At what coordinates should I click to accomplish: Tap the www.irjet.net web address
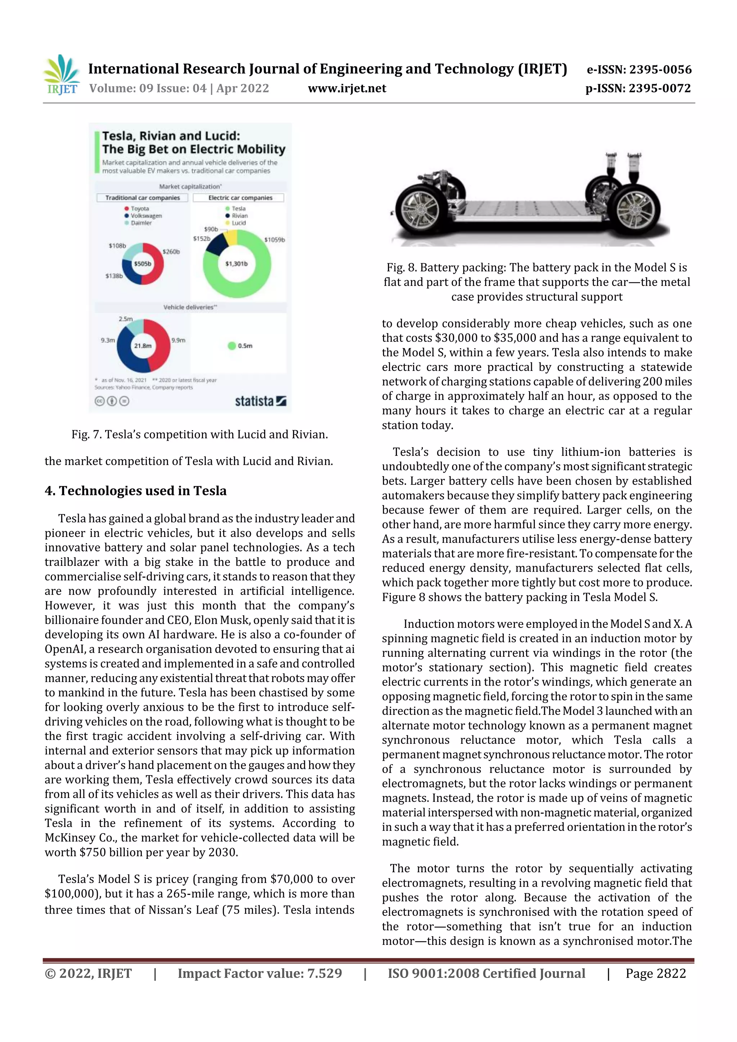point(347,88)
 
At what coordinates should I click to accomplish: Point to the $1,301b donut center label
point(236,264)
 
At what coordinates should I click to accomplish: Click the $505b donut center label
point(143,264)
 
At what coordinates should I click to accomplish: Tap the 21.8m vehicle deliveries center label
point(143,346)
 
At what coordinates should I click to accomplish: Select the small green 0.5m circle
point(232,346)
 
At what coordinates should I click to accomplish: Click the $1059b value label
point(274,240)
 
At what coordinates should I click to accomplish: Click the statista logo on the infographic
point(260,401)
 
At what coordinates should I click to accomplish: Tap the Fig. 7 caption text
point(199,434)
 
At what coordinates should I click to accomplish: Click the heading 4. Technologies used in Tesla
point(135,491)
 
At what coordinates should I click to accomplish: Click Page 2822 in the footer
point(655,973)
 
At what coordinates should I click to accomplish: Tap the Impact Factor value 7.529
point(260,973)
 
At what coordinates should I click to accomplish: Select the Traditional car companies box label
point(143,198)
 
